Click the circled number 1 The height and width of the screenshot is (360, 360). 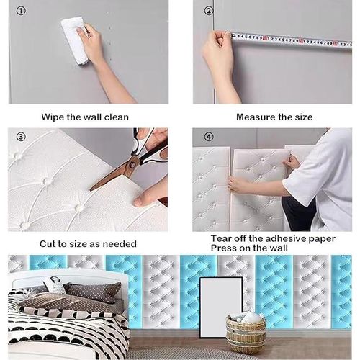(21, 11)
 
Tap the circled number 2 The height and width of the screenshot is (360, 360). (209, 11)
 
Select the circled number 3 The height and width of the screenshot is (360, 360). (21, 137)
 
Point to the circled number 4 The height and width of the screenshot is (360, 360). (209, 137)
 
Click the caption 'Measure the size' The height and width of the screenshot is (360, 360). (274, 116)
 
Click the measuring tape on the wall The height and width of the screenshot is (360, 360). (288, 38)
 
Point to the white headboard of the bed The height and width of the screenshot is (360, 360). (65, 277)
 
